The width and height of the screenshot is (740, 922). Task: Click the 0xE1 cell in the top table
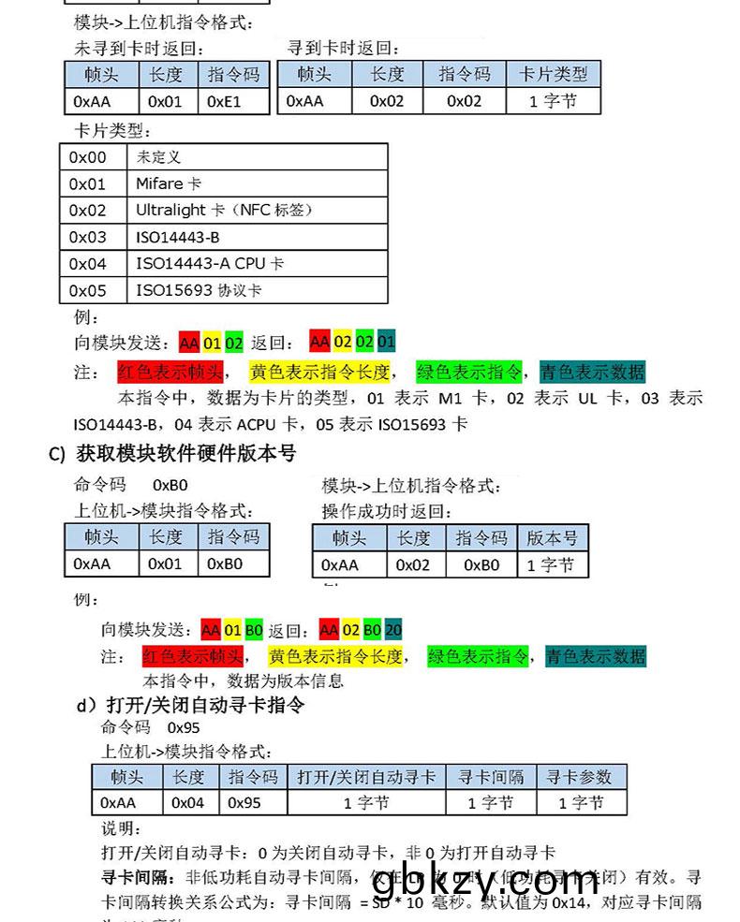pyautogui.click(x=225, y=100)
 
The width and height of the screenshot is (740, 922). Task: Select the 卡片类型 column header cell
pyautogui.click(x=554, y=74)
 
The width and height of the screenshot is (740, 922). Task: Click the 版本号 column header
pyautogui.click(x=552, y=537)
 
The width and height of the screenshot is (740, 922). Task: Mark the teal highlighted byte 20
pyautogui.click(x=393, y=629)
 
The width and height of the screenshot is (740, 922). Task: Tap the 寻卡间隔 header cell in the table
pyautogui.click(x=491, y=776)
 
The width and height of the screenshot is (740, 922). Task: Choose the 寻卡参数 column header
pyautogui.click(x=578, y=776)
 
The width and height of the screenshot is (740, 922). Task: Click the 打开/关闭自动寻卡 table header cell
pyautogui.click(x=366, y=776)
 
